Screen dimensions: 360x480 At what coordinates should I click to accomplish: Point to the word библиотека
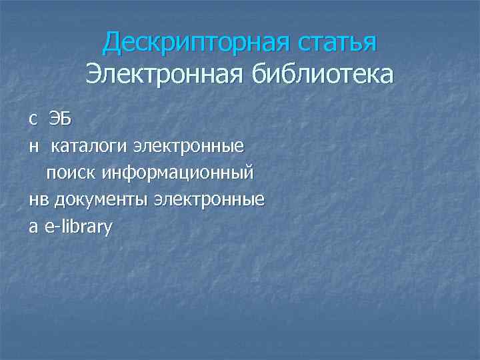[322, 73]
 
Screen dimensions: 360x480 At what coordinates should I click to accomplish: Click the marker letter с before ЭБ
[33, 120]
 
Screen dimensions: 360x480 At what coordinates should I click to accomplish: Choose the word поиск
[72, 173]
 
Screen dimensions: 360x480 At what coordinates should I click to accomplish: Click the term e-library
[79, 227]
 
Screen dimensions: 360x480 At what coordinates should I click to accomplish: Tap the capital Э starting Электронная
[93, 73]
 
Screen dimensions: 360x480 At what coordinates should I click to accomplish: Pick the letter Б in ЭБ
[65, 119]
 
